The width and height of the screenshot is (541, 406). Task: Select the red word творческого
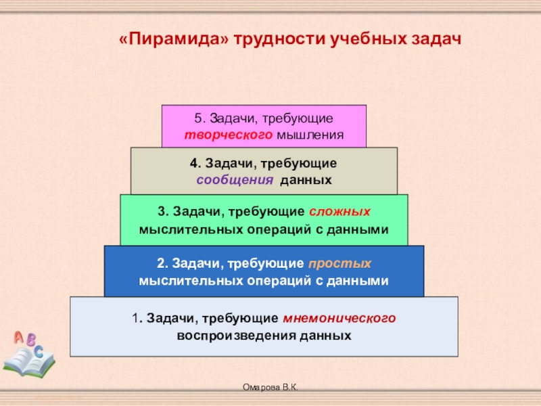229,135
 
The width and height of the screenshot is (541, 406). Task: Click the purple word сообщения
235,181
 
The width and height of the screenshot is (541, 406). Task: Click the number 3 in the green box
161,212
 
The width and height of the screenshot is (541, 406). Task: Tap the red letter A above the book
18,336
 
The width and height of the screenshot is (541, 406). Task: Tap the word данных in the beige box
305,181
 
